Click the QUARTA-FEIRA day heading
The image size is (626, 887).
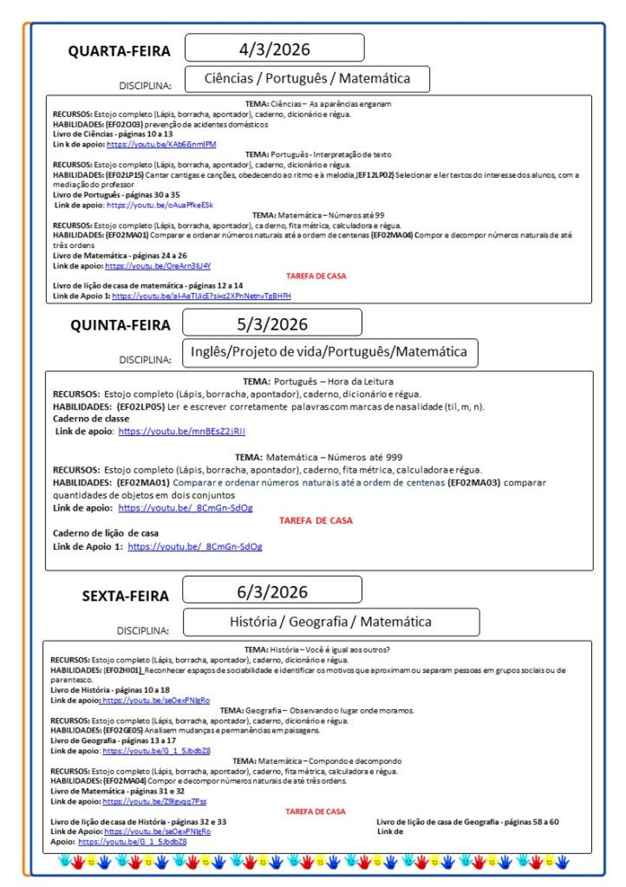[x=120, y=51]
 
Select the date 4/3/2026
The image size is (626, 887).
[x=274, y=49]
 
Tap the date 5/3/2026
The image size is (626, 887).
[x=272, y=324]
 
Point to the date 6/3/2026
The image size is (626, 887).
[x=272, y=593]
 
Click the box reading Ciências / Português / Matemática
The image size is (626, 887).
[x=307, y=79]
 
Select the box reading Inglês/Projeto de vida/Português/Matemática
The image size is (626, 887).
[x=329, y=352]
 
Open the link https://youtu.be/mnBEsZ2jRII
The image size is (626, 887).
[x=182, y=431]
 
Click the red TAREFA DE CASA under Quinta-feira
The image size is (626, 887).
[x=316, y=521]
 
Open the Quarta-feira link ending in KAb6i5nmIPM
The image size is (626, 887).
[x=161, y=144]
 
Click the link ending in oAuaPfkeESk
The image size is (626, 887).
[x=160, y=205]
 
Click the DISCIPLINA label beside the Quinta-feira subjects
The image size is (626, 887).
[x=145, y=359]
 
